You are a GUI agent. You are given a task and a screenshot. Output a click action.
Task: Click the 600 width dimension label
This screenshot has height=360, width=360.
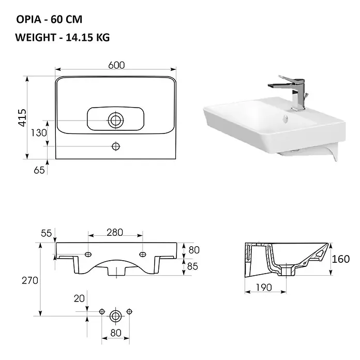click(x=116, y=66)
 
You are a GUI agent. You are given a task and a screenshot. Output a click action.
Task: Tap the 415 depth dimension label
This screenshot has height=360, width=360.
click(x=22, y=117)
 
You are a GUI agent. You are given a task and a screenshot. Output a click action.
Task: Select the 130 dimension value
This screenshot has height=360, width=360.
click(x=39, y=133)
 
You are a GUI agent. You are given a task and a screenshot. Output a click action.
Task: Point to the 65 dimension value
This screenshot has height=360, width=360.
click(x=39, y=170)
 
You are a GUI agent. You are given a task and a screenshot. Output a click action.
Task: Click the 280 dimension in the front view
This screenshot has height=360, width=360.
click(x=115, y=233)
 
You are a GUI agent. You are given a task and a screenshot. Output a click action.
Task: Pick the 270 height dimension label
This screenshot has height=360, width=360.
click(x=30, y=280)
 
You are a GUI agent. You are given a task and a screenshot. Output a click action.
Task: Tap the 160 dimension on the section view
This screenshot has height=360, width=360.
click(x=341, y=259)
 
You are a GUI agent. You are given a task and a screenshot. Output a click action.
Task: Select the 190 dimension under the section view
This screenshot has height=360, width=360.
click(x=264, y=287)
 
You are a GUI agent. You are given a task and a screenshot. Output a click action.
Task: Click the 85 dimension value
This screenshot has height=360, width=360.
click(x=192, y=266)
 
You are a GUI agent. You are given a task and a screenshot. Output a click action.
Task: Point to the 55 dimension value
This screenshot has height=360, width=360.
click(x=46, y=233)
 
